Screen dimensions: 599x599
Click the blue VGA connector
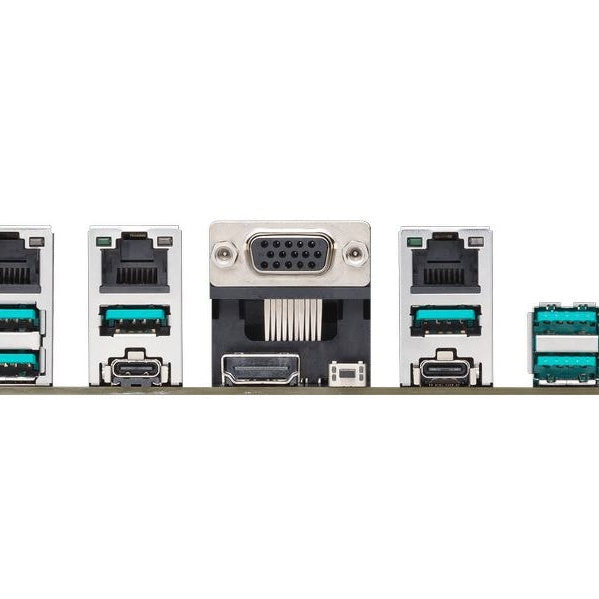pos(290,253)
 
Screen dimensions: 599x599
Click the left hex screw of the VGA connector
pos(224,253)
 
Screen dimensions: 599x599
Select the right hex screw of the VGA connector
pos(355,253)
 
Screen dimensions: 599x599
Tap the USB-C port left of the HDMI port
pos(135,371)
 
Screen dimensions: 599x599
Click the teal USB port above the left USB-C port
pos(134,319)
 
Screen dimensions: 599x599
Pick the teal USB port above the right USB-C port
pos(445,319)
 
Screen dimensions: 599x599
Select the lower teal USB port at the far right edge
pos(567,365)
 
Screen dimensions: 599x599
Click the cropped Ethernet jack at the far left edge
pos(17,262)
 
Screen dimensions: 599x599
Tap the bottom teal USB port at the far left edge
pos(17,361)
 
